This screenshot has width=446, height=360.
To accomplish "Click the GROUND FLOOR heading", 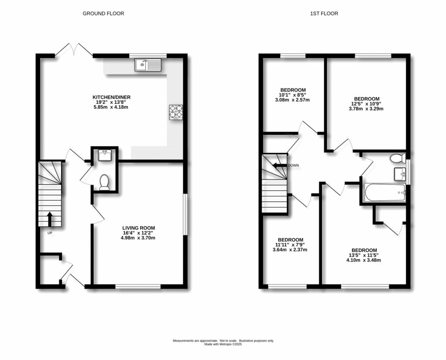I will click(103, 14).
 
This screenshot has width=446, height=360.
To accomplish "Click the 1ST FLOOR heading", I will click(324, 14).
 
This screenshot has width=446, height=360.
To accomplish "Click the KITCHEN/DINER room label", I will click(111, 97).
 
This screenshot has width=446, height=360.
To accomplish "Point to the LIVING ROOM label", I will click(139, 228).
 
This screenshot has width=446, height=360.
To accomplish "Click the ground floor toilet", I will click(104, 182).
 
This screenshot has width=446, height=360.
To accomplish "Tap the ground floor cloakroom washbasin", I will click(104, 155).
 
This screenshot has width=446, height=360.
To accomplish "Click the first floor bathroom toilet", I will click(398, 158).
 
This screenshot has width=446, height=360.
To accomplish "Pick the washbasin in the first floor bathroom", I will click(400, 174).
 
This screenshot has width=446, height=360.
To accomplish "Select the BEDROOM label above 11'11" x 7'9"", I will click(291, 240).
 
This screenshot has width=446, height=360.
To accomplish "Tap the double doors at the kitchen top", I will click(74, 49).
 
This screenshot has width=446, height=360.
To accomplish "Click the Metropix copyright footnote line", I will click(223, 345).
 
